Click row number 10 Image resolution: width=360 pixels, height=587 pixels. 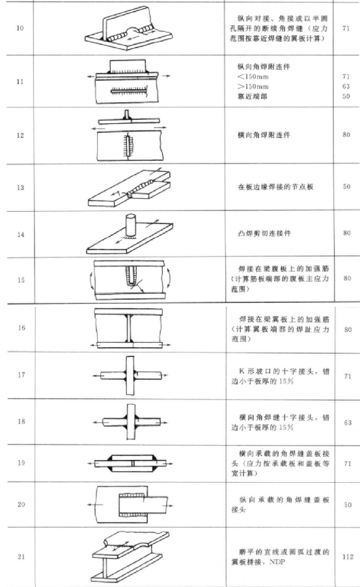[x=20, y=28]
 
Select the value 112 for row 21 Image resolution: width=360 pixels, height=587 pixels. [x=348, y=556]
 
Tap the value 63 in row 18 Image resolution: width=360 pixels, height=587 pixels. [x=348, y=423]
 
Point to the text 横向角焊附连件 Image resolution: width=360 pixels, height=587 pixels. [x=264, y=135]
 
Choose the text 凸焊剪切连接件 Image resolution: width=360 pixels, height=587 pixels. [x=264, y=233]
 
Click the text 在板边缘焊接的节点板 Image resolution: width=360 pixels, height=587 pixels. [x=276, y=186]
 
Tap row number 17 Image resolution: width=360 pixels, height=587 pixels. [x=21, y=375]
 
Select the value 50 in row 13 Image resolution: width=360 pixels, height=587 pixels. [x=346, y=186]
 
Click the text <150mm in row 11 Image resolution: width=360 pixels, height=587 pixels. [x=253, y=76]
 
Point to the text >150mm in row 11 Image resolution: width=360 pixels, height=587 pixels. [x=253, y=86]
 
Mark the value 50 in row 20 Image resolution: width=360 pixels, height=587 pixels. [x=348, y=505]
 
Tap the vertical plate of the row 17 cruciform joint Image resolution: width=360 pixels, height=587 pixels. [x=130, y=375]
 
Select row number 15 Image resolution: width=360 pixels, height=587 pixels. [x=21, y=280]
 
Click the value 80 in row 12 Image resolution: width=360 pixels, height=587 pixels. [x=346, y=134]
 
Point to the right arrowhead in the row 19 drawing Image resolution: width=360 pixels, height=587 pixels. [x=171, y=463]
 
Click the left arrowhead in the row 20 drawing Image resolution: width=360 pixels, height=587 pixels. [x=90, y=505]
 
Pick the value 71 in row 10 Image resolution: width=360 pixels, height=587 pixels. [x=346, y=28]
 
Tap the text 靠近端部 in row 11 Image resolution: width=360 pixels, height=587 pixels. [x=253, y=96]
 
